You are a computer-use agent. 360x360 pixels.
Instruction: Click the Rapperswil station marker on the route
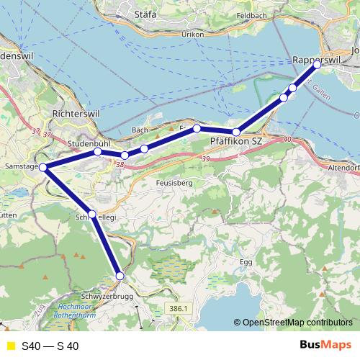pos(318,64)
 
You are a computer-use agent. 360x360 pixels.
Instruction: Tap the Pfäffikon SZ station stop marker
pos(235,132)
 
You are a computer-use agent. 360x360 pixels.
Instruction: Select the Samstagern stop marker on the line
pos(43,168)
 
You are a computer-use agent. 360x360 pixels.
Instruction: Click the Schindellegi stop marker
pos(92,214)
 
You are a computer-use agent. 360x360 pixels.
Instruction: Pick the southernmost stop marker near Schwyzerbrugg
pos(120,276)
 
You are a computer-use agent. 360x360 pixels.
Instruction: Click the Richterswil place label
pos(74,114)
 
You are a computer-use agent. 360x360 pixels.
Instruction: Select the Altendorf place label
pos(343,166)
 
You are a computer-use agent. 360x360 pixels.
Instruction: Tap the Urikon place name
pos(192,34)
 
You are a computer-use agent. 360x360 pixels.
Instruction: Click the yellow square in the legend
pos(9,346)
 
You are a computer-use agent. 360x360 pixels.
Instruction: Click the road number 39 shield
pos(207,158)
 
